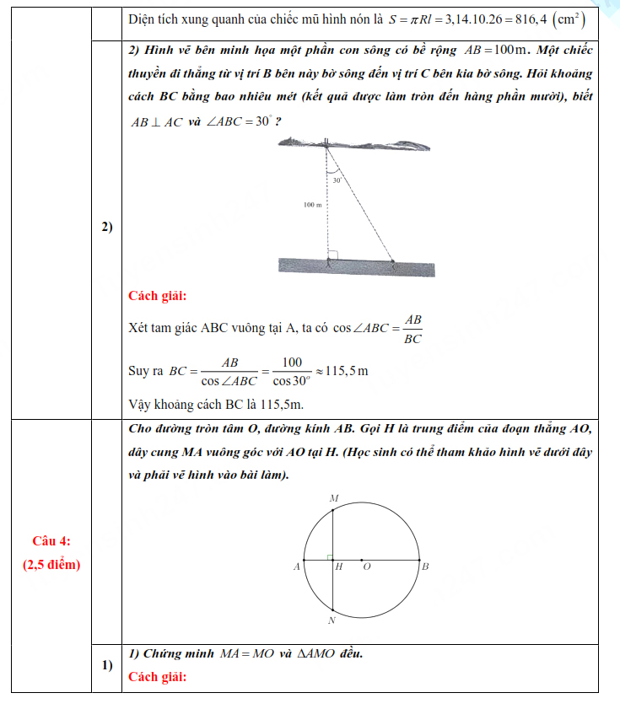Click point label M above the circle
pos(333,499)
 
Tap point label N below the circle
pos(332,621)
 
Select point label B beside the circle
pos(425,567)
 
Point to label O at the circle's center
pos(366,567)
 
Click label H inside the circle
pos(339,567)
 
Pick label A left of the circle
pos(296,567)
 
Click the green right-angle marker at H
pos(330,556)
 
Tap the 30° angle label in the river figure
pos(337,180)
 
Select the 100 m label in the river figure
pos(313,205)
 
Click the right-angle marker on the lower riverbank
pos(332,255)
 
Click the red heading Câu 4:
pos(51,540)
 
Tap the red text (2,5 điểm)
pos(51,564)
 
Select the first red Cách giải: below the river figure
pos(158,296)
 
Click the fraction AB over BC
pos(412,329)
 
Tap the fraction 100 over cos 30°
pos(291,370)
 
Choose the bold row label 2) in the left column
pos(107,227)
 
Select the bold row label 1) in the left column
pos(107,665)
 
